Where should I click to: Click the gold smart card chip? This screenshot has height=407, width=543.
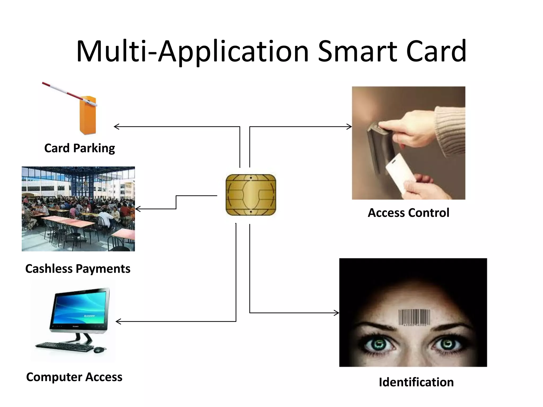coord(251,195)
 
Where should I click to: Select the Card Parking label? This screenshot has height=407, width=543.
coord(80,148)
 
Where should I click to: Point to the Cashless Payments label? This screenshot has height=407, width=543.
coord(78,268)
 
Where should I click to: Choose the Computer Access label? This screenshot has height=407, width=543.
coord(74,377)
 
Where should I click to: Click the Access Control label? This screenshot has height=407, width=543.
coord(408,213)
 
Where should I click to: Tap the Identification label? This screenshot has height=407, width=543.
coord(416,382)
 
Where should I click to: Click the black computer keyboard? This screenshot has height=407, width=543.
coord(65,347)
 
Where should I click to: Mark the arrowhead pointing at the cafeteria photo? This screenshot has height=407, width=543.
coord(137,209)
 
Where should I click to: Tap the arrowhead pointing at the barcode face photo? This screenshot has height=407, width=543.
coord(338,313)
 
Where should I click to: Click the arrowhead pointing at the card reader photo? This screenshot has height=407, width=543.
coord(351,127)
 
